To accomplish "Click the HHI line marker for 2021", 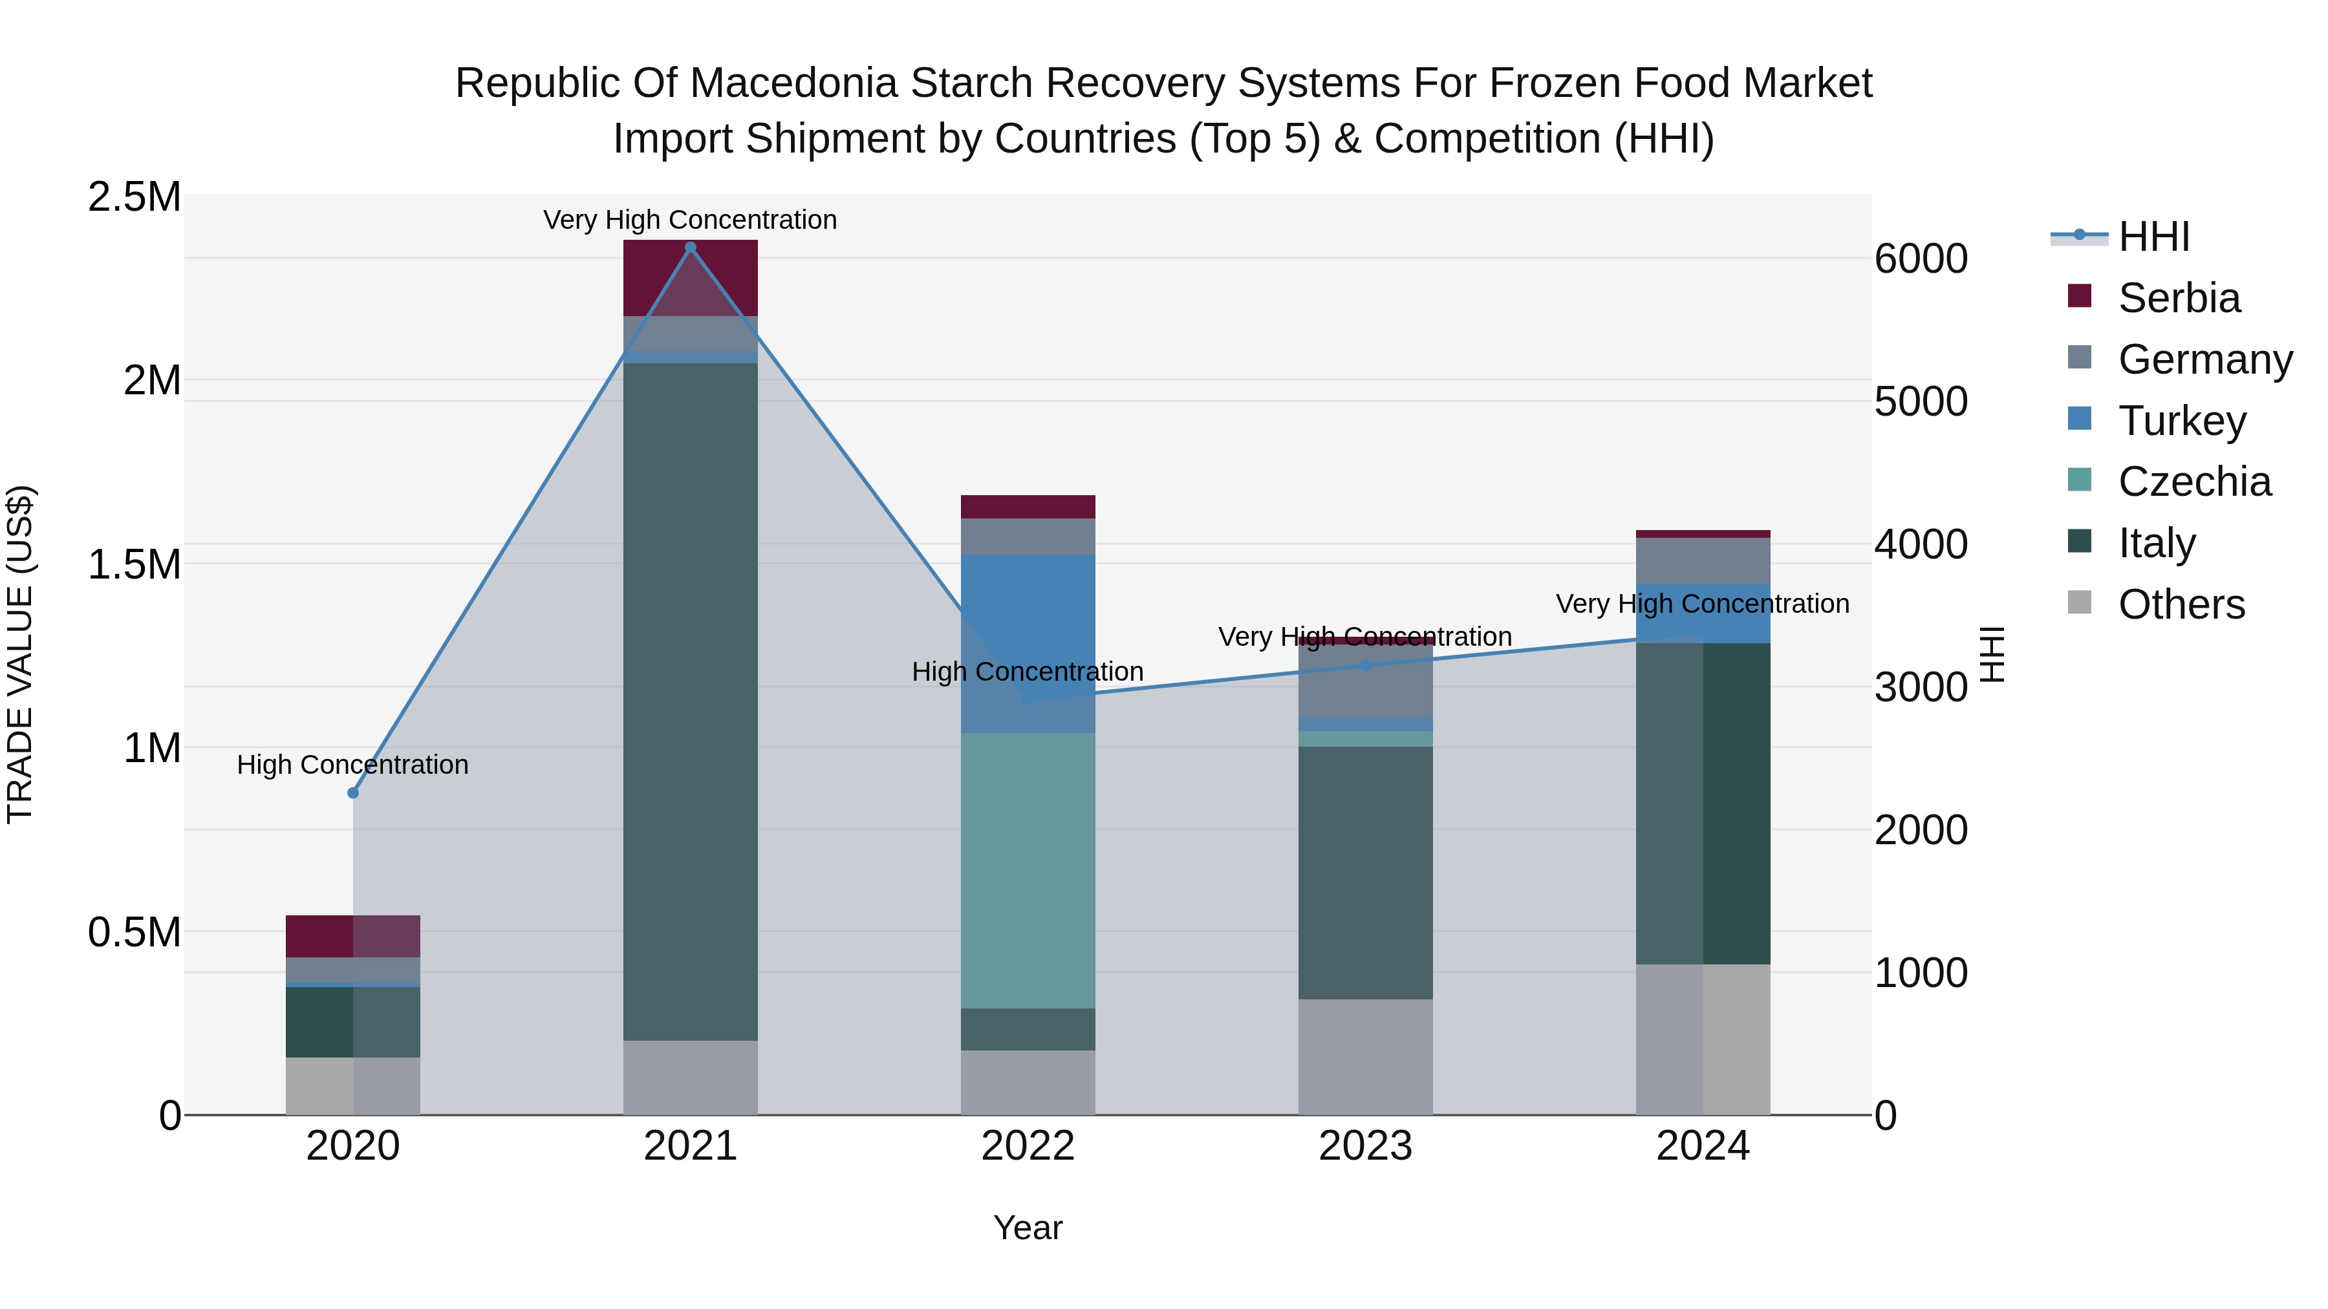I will coord(691,248).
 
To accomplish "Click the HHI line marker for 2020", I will coord(353,793).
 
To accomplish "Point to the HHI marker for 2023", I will coord(1366,666).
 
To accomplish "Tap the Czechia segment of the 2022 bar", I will coord(1028,870).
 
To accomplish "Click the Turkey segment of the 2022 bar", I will coord(1028,643).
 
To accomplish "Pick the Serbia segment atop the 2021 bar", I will coord(691,277).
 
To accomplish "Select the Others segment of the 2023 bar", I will coord(1366,1056).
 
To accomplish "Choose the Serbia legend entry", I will coord(2178,298).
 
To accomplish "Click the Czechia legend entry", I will coord(2193,482).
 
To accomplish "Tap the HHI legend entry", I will coord(2153,237).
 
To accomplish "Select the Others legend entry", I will coord(2181,604).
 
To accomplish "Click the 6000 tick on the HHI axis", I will coord(1921,259).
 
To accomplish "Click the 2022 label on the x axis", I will coord(1028,1146).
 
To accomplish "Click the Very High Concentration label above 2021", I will coord(691,220).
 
